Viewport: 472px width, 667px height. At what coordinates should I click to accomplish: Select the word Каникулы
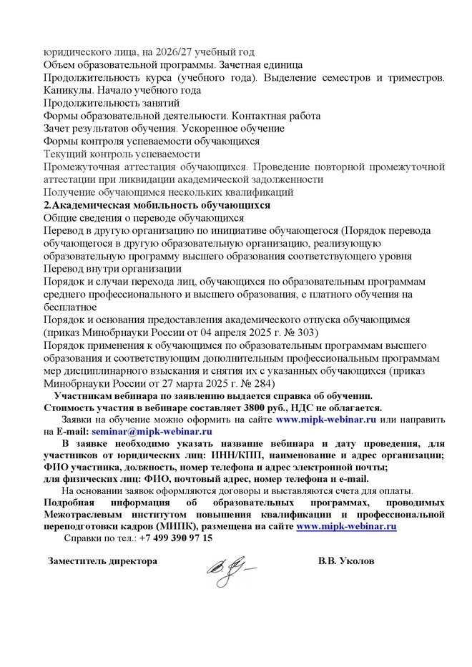(x=68, y=90)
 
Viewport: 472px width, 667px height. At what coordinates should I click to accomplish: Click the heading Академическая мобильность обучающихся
(x=162, y=204)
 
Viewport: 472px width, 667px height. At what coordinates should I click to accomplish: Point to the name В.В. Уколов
(x=346, y=561)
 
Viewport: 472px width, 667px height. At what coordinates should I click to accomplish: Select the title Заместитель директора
(x=102, y=561)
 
